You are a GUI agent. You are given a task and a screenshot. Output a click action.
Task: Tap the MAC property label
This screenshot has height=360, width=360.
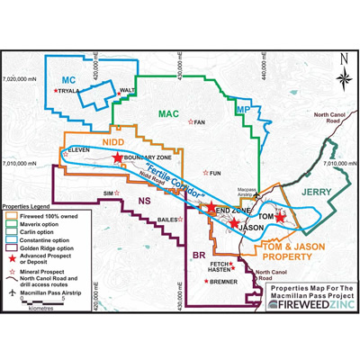[171, 114]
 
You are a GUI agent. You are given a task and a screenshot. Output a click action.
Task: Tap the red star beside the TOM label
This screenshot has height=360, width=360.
[279, 217]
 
